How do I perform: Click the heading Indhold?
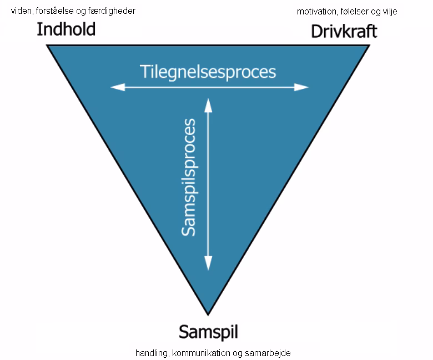(66, 29)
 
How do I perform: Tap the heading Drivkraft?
(344, 31)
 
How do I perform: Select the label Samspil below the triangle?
(208, 332)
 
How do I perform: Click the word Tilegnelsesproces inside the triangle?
(208, 72)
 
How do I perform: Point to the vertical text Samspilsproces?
(189, 177)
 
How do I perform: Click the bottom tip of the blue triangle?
(208, 314)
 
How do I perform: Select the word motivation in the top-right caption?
(315, 11)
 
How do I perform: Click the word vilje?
(389, 11)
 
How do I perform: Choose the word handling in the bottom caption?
(152, 353)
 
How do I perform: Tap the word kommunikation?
(203, 353)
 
